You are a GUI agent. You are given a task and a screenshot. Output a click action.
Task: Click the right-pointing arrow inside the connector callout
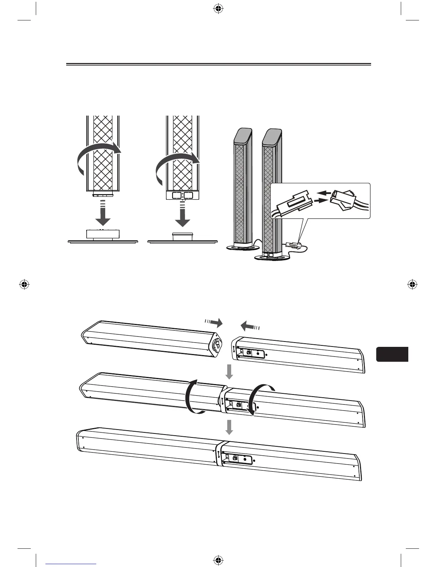pos(320,202)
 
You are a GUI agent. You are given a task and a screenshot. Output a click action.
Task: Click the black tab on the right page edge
pos(392,354)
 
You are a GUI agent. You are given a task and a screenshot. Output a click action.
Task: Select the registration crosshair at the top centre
pos(218,10)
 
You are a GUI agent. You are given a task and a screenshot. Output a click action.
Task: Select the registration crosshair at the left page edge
pos(24,285)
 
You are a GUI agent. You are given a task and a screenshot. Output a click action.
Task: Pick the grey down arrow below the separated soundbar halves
pos(229,372)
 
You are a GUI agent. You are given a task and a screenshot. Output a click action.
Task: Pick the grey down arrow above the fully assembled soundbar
pos(229,427)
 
